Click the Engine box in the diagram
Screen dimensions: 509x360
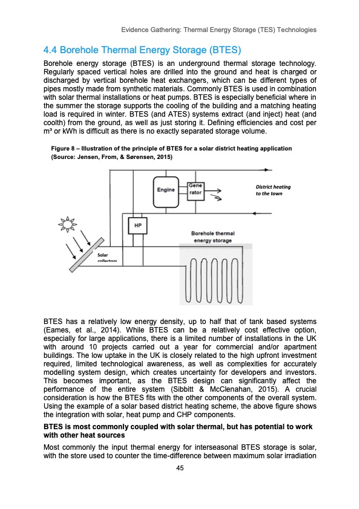tap(166, 190)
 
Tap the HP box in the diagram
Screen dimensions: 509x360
tap(137, 225)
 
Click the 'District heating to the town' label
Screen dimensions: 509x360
tap(273, 190)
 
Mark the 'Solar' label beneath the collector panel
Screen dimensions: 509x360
tap(103, 255)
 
